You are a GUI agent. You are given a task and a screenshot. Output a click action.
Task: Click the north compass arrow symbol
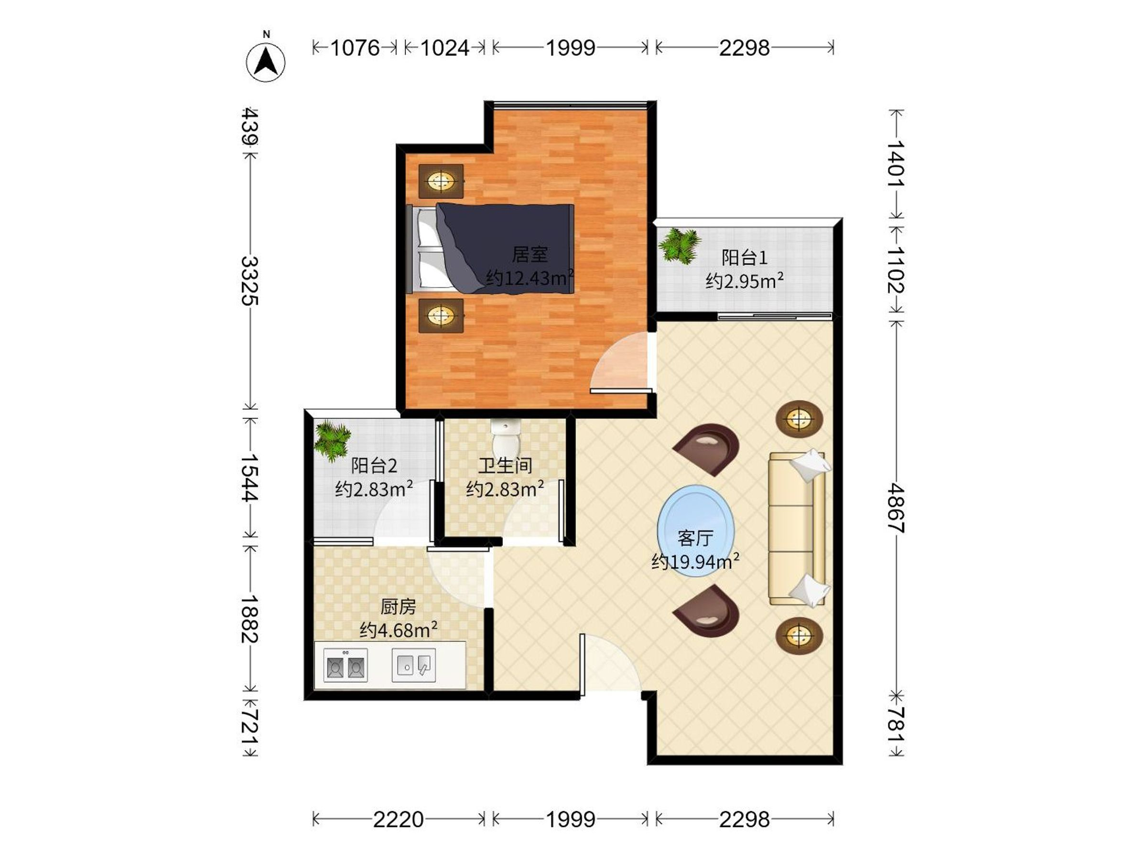click(x=266, y=62)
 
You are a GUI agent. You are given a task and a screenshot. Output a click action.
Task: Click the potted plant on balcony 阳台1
click(x=680, y=245)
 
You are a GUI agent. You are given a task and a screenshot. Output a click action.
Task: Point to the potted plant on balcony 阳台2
click(x=332, y=440)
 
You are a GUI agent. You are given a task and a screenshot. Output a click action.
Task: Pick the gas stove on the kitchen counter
click(x=346, y=665)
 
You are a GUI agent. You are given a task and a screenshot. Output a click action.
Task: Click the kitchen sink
click(x=414, y=665)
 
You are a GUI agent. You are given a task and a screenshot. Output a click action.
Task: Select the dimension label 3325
click(x=250, y=280)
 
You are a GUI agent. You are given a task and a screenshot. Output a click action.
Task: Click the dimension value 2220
click(x=398, y=819)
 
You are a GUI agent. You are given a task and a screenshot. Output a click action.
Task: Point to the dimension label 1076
click(x=355, y=48)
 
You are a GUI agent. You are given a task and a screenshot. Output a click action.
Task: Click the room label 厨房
click(x=398, y=606)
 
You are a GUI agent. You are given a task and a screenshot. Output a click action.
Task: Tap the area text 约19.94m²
click(x=695, y=561)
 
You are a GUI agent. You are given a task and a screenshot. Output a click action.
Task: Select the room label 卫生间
click(x=505, y=465)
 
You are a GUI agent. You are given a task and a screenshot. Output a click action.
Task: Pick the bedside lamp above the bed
click(x=441, y=181)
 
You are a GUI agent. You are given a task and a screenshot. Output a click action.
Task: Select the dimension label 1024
click(x=445, y=48)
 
